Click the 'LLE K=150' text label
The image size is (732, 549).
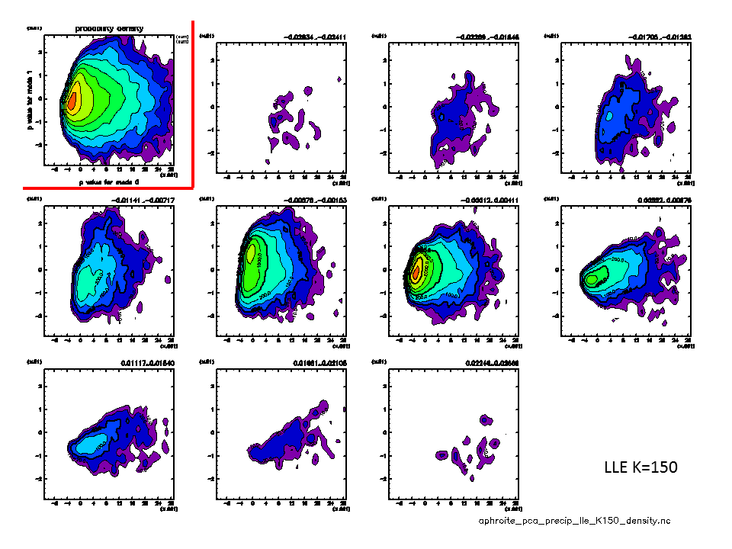click(x=640, y=467)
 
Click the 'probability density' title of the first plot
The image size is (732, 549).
click(x=109, y=29)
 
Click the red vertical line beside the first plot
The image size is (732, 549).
click(x=191, y=103)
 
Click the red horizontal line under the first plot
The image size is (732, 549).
click(x=107, y=186)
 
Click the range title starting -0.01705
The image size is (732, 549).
click(x=660, y=37)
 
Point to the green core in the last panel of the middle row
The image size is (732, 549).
click(x=591, y=278)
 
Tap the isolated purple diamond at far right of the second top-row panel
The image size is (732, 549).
click(x=339, y=79)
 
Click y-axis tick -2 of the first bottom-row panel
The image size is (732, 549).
click(x=38, y=477)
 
